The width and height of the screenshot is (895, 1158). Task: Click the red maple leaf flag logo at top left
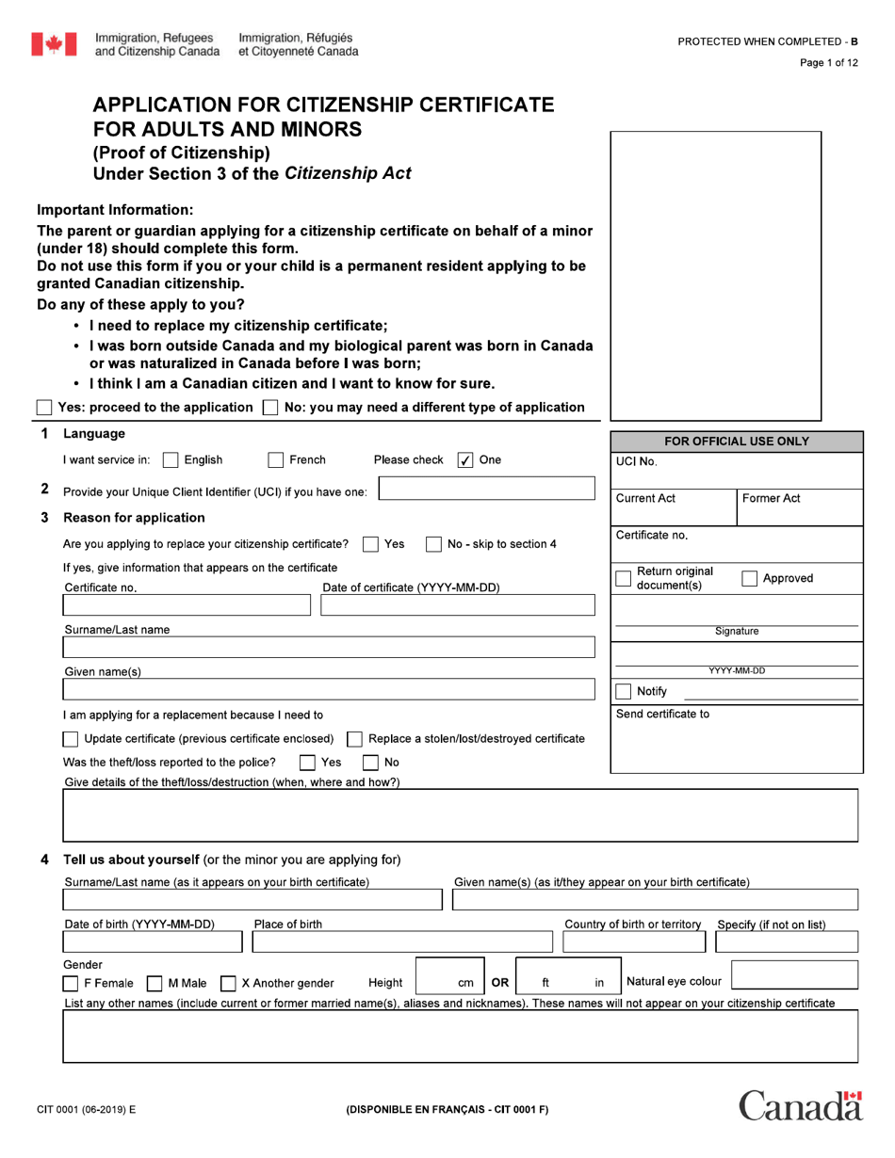(x=54, y=43)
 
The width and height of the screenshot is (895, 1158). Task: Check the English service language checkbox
(x=171, y=460)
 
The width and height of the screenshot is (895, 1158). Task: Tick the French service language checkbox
(x=276, y=460)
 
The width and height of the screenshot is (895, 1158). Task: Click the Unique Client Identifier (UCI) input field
(x=486, y=489)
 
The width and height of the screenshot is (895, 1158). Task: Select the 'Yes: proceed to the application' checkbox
(x=44, y=408)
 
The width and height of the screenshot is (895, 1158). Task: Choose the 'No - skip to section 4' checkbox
(x=433, y=544)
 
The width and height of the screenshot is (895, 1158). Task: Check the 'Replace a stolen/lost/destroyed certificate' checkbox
(x=355, y=739)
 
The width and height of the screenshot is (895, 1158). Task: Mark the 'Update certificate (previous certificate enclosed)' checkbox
(x=71, y=739)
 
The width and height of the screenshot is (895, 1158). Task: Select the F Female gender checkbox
(x=71, y=984)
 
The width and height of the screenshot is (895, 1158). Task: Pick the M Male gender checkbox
(x=155, y=984)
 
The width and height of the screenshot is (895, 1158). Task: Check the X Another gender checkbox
(x=228, y=984)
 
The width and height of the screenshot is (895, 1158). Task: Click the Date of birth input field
(x=153, y=942)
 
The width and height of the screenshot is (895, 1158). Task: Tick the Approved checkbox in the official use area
(x=749, y=579)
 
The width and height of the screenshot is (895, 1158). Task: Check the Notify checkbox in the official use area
(x=623, y=691)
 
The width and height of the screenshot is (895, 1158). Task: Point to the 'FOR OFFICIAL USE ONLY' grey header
(x=737, y=442)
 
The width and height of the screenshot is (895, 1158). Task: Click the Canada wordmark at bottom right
(x=800, y=1106)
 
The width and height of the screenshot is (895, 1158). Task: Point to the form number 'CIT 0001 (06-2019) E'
(x=86, y=1109)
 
